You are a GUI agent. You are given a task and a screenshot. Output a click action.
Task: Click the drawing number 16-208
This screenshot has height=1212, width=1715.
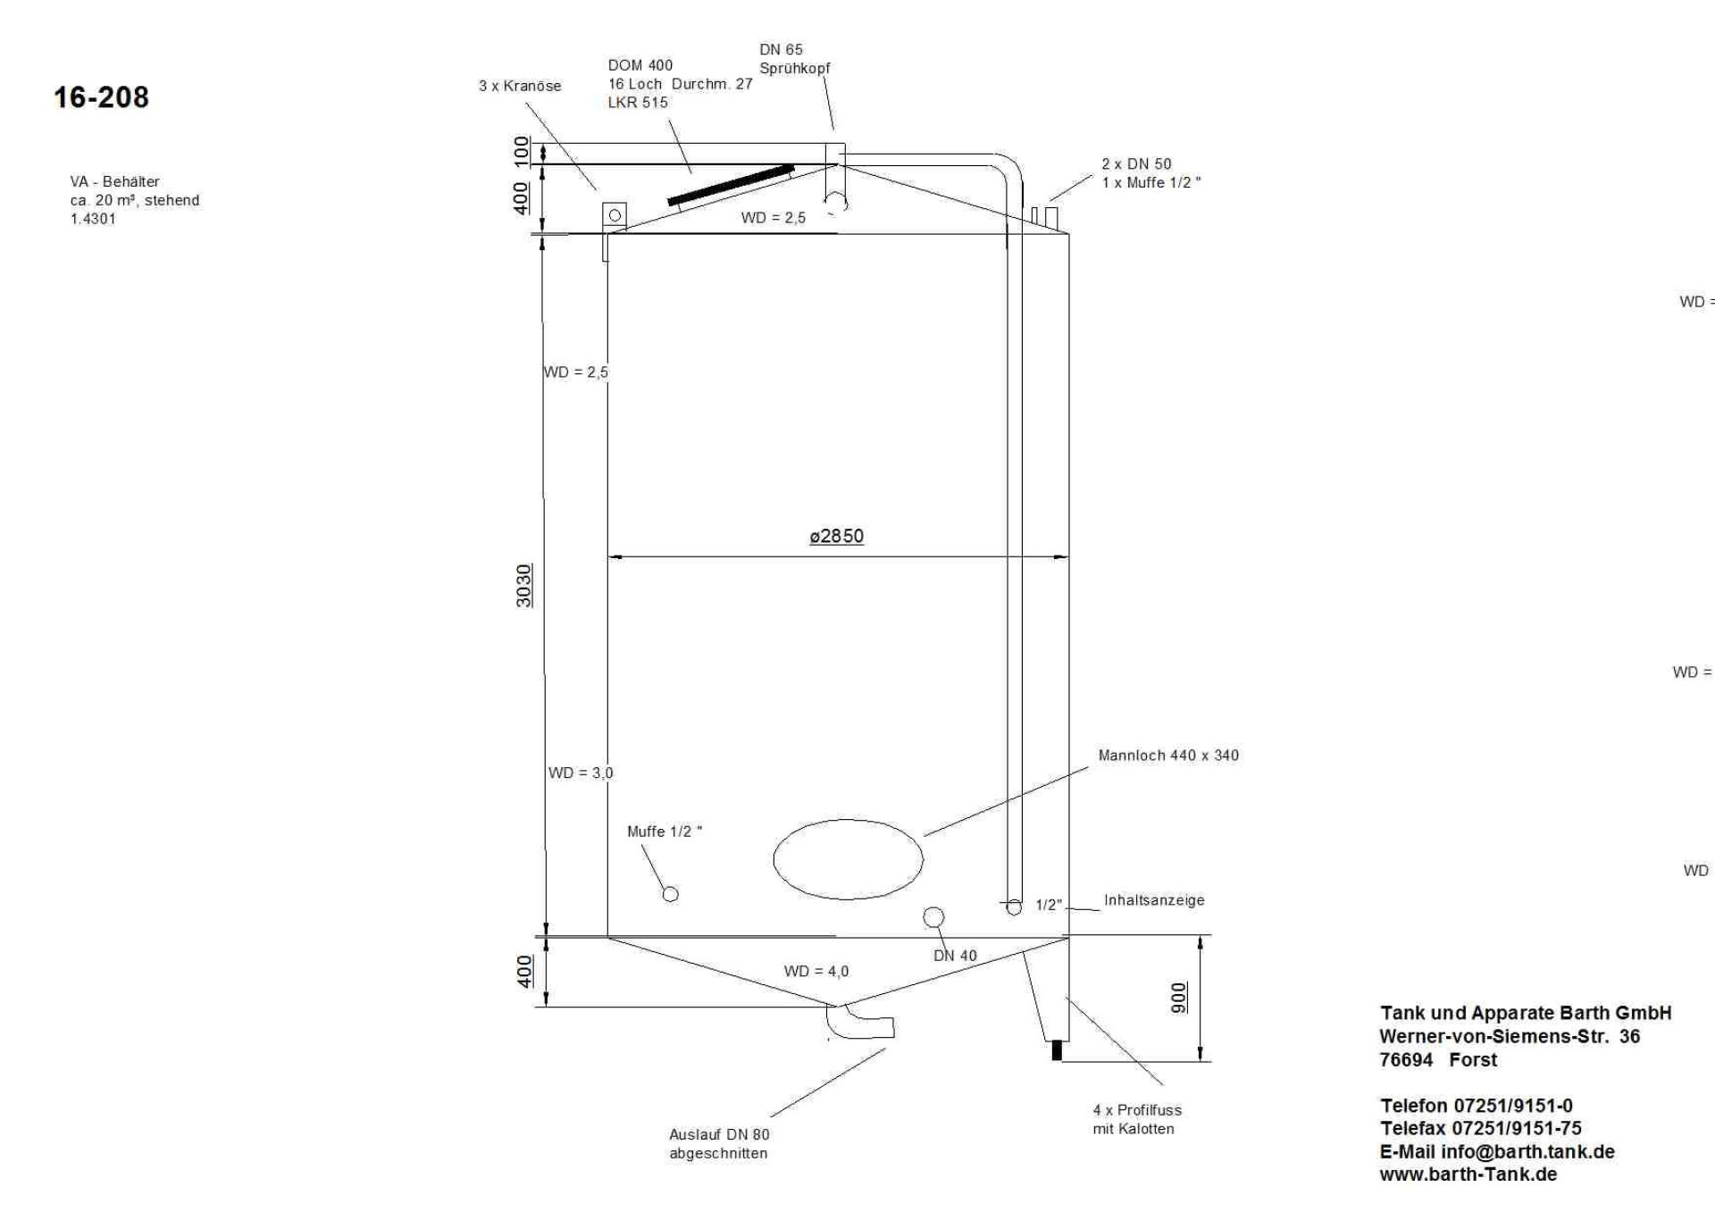(101, 97)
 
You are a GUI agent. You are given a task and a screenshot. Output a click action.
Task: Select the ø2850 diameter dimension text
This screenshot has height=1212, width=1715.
(836, 536)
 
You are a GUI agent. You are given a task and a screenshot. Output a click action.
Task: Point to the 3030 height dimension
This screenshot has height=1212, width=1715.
(524, 585)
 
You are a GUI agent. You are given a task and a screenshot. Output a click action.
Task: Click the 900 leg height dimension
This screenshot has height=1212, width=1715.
(1179, 998)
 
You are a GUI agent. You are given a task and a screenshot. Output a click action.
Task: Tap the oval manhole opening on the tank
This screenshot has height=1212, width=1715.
(848, 859)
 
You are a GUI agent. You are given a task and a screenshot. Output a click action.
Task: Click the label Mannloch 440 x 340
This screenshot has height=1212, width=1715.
(1168, 756)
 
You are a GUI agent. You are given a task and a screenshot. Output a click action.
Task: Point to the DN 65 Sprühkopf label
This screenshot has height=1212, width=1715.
(794, 59)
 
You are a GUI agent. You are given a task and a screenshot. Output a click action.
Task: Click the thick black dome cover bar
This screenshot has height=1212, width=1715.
(731, 185)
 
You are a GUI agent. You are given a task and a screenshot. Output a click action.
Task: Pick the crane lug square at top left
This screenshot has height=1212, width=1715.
(615, 215)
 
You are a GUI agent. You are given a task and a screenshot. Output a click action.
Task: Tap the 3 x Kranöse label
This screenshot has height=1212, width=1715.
(520, 86)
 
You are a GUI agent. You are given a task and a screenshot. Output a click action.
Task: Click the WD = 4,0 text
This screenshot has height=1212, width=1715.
(816, 971)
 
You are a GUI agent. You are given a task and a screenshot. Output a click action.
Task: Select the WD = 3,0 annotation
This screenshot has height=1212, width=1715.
(581, 773)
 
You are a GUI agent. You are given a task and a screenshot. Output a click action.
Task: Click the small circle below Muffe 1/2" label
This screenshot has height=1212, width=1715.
(670, 894)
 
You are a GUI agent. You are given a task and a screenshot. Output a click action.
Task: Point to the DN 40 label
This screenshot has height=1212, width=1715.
(955, 956)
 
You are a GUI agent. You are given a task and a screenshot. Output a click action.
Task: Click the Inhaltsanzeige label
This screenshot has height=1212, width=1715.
(1154, 900)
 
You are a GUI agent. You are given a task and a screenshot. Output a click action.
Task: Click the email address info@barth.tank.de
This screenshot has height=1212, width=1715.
(1497, 1151)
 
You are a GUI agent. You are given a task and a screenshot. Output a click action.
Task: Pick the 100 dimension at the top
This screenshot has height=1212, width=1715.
(522, 151)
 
